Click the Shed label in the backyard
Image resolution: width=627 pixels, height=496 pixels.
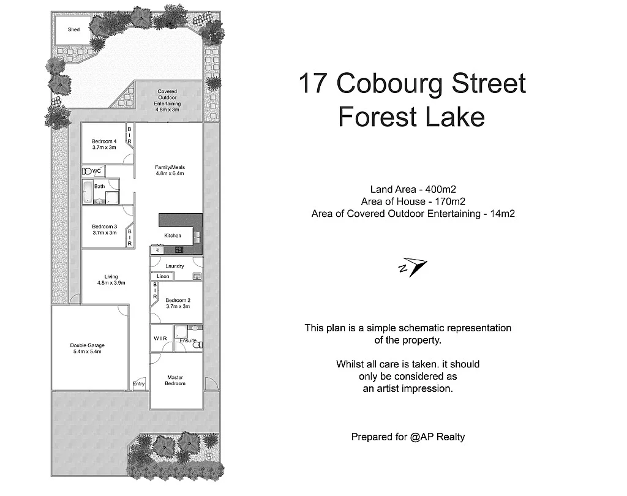73,29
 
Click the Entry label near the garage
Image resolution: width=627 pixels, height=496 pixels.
139,384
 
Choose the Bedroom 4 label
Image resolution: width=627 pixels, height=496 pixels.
104,145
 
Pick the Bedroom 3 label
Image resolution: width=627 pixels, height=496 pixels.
104,229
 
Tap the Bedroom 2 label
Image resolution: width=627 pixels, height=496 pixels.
178,302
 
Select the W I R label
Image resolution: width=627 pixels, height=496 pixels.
160,338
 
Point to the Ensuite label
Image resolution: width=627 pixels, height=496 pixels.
188,340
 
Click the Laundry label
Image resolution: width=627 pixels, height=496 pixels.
175,266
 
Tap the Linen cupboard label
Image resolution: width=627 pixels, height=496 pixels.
163,277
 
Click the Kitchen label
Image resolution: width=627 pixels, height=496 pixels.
173,235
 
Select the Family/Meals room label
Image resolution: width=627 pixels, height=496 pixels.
170,170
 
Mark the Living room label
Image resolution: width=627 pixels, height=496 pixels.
111,279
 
